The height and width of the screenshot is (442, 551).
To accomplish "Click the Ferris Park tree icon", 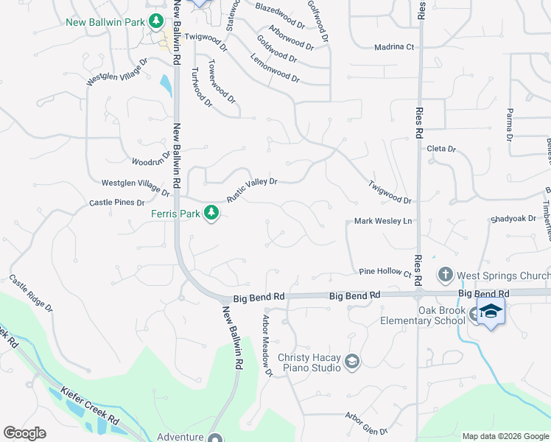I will pos(211,214).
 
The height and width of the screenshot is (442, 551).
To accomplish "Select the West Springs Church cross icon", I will pos(445,276).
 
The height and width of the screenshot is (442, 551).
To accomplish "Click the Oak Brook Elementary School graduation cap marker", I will pos(491,312).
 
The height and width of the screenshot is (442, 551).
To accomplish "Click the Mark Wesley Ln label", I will pos(382,221).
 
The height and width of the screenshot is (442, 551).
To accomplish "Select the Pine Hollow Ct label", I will pos(385,273).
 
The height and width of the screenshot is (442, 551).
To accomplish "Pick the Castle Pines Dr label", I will pos(117,202).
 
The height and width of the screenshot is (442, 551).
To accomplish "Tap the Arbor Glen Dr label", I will pos(367,422).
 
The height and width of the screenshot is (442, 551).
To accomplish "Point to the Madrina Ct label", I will pos(394,46).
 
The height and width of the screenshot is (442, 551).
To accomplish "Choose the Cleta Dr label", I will pos(442,149).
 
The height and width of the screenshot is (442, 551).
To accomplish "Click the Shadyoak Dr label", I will pos(513,219).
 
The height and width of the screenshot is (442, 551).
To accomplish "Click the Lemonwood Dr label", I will pos(275,68).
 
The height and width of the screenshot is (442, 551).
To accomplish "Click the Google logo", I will pos(24,433).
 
